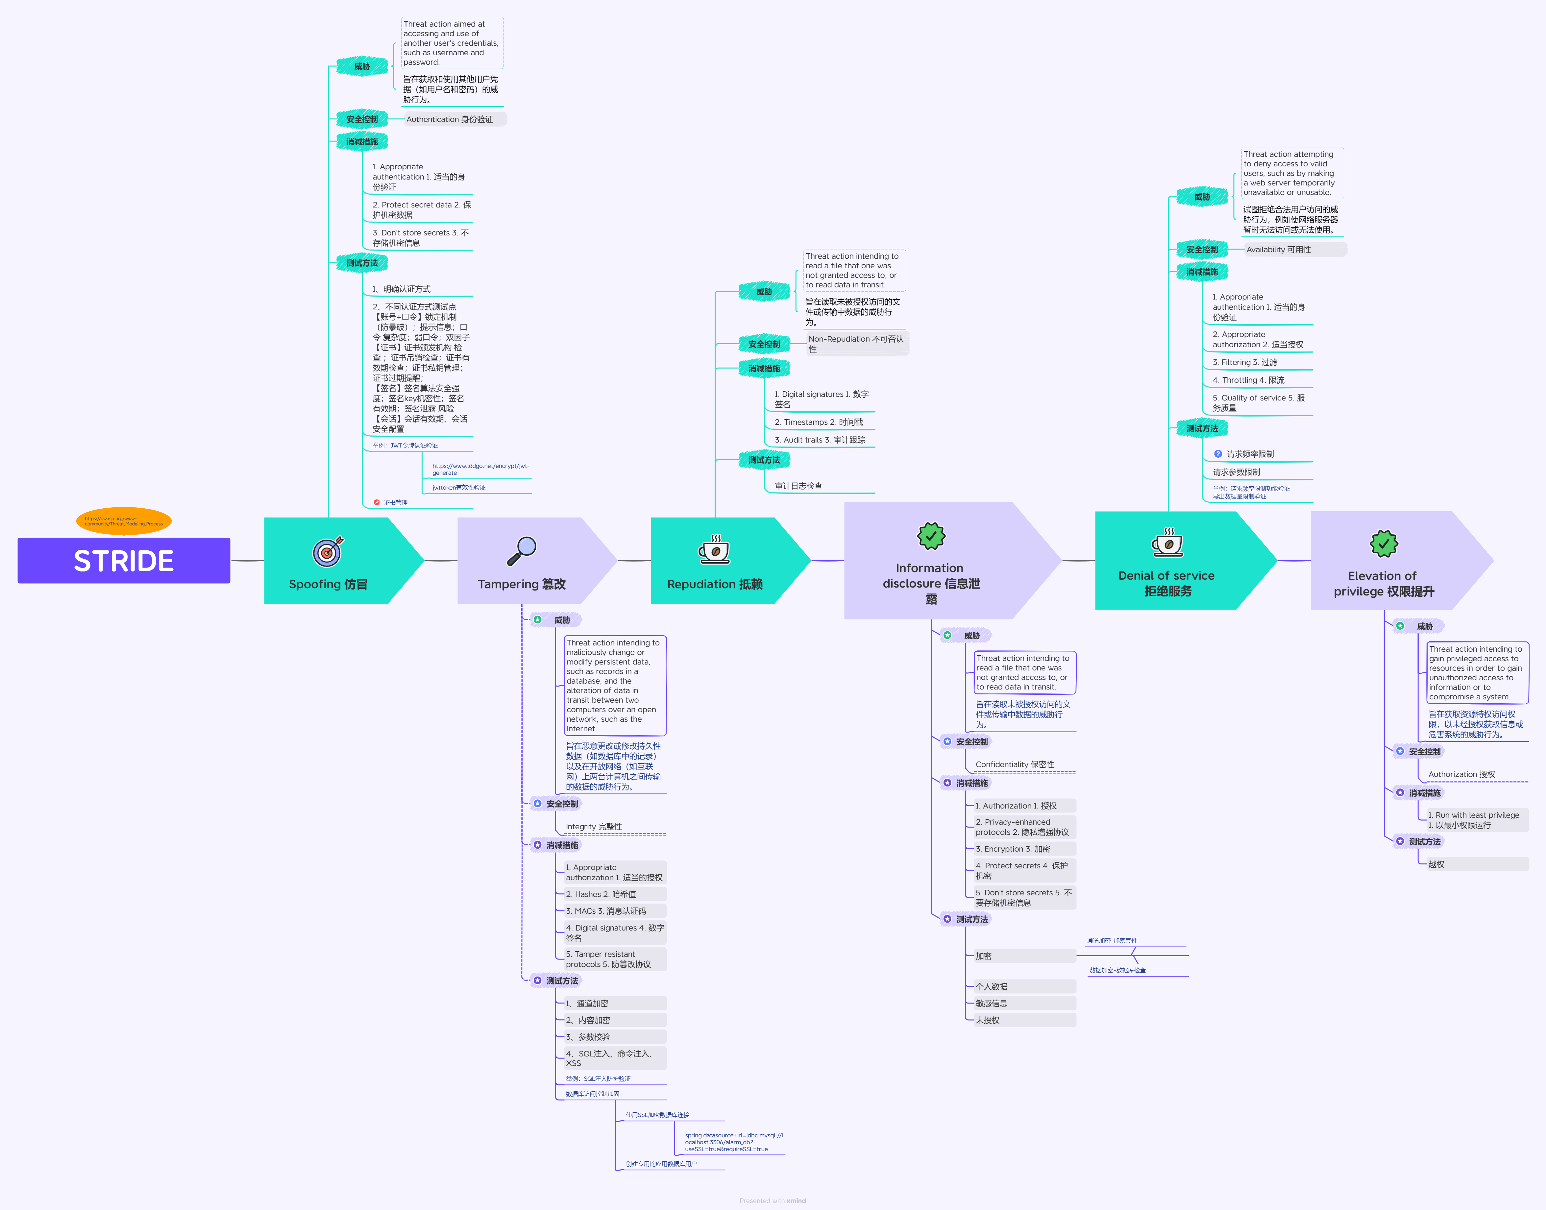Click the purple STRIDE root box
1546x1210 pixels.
[x=124, y=560]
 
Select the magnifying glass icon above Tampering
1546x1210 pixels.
[x=522, y=550]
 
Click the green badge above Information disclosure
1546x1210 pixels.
[x=931, y=536]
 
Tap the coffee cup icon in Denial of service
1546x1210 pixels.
[x=1167, y=543]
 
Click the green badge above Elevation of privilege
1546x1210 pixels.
[x=1383, y=544]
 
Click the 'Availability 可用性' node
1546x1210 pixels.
[x=1294, y=249]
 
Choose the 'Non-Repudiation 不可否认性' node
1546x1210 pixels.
[x=857, y=344]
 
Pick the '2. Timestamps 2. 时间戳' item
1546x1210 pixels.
[x=818, y=422]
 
